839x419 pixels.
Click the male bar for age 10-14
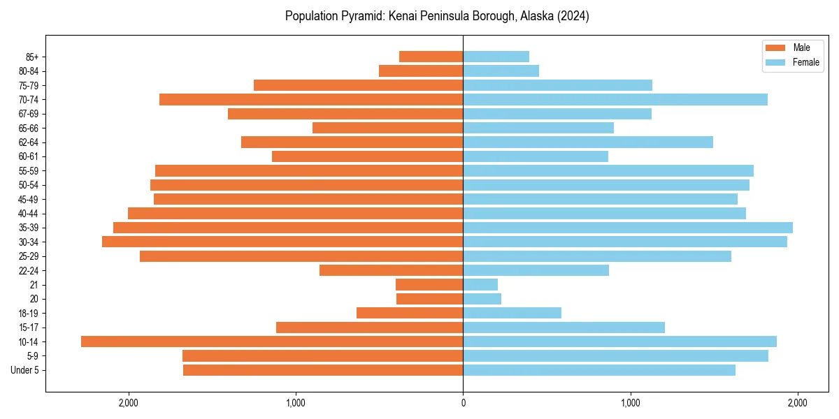[x=272, y=341]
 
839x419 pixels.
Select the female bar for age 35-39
[x=628, y=228]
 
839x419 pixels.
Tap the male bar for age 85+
[x=431, y=57]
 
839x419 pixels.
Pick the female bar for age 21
[x=480, y=285]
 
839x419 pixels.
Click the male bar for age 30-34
[x=282, y=242]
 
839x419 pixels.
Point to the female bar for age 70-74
[x=615, y=99]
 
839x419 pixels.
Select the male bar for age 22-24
[x=391, y=270]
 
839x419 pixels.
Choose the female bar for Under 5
[x=599, y=370]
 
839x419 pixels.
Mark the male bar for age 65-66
[x=387, y=128]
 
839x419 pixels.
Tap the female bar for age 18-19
[x=512, y=313]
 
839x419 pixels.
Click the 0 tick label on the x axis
[x=463, y=403]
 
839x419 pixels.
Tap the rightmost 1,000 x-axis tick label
[x=631, y=403]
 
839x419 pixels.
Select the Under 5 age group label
[x=24, y=370]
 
